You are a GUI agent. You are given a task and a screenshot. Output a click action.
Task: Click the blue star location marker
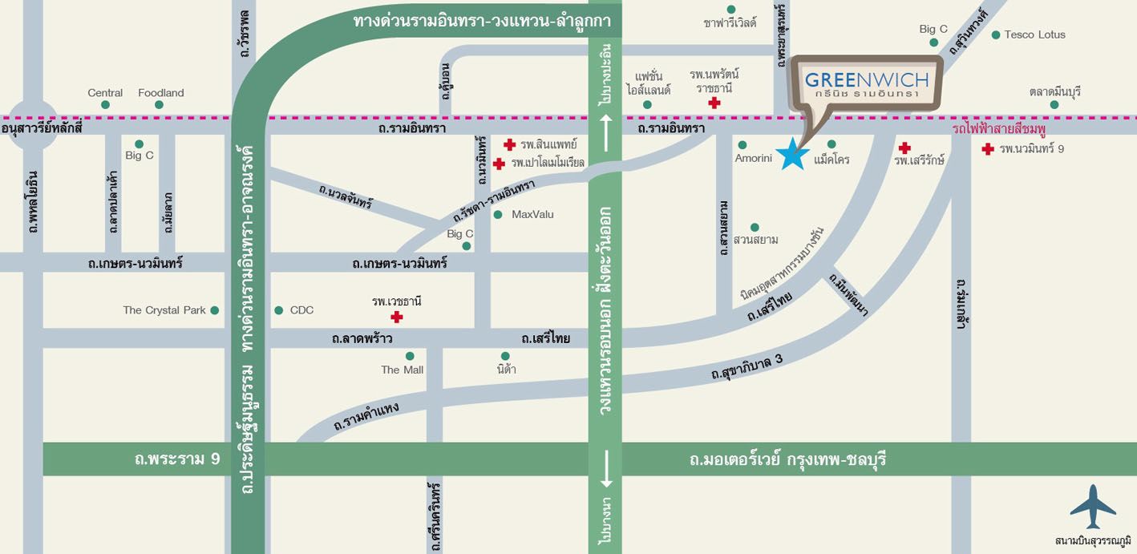pyautogui.click(x=792, y=154)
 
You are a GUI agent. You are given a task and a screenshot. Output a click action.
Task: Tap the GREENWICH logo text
pyautogui.click(x=866, y=79)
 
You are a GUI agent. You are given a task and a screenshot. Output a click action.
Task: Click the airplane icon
pyautogui.click(x=1092, y=507)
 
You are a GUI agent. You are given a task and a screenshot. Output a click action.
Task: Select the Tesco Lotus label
pyautogui.click(x=1034, y=34)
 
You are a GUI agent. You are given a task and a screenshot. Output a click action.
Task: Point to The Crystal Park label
pyautogui.click(x=164, y=310)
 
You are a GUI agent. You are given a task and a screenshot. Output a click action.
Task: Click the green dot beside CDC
pyautogui.click(x=279, y=310)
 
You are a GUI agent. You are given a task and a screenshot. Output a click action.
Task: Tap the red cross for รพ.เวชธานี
pyautogui.click(x=396, y=317)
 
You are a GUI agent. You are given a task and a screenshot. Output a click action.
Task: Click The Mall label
pyautogui.click(x=403, y=370)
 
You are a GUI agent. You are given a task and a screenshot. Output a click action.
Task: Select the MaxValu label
pyautogui.click(x=532, y=214)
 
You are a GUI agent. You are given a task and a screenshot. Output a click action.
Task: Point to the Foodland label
pyautogui.click(x=161, y=93)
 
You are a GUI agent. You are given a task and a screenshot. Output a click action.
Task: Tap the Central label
pyautogui.click(x=105, y=93)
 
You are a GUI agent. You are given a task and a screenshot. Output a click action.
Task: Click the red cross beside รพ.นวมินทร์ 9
pyautogui.click(x=988, y=148)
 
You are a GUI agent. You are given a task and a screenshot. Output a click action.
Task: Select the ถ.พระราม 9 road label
pyautogui.click(x=177, y=459)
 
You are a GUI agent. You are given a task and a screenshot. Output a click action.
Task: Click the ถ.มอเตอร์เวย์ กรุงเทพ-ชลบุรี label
pyautogui.click(x=787, y=460)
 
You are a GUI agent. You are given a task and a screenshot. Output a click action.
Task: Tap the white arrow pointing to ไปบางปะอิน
pyautogui.click(x=605, y=127)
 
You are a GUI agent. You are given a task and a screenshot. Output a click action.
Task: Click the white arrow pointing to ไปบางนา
pyautogui.click(x=605, y=468)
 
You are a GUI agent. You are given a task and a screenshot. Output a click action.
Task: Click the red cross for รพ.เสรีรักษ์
pyautogui.click(x=904, y=148)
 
